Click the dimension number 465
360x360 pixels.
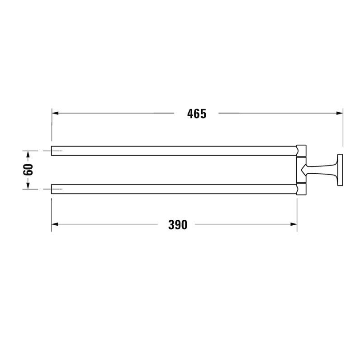click(196, 114)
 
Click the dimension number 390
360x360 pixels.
click(178, 225)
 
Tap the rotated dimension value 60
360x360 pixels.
click(28, 170)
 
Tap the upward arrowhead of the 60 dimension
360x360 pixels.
click(28, 154)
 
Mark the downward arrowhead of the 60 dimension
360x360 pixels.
click(28, 185)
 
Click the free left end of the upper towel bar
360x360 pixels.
click(52, 151)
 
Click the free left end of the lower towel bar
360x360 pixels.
click(52, 189)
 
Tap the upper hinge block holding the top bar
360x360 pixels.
click(301, 150)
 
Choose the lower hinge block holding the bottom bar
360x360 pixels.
click(301, 189)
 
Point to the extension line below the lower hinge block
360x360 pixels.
click(297, 213)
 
